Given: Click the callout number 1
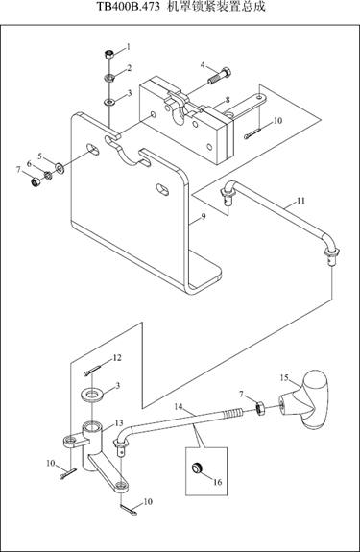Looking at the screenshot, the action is pos(129,47).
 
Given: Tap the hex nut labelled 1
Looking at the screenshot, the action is pos(109,55).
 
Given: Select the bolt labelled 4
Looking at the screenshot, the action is pos(220,76).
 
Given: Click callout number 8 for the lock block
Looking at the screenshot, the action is pos(228,100).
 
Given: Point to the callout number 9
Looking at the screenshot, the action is pos(204,217).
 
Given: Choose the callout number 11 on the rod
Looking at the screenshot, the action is pos(300,201).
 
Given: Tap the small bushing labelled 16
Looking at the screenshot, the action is pos(197,468).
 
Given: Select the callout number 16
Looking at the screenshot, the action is pos(218,482).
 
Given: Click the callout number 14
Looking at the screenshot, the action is pos(179,407).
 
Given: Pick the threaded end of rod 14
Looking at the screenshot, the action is pos(232,412).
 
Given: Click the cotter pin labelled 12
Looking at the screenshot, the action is pos(92,371).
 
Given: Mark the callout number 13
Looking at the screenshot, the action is pos(119,422).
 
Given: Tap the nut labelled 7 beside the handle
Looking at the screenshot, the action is pos(260,409).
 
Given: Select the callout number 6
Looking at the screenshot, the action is pos(29,164).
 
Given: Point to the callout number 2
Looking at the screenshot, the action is pos(130,68).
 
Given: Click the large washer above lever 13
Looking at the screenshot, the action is pos(92,394).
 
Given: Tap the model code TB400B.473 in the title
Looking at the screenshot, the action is pos(128,7).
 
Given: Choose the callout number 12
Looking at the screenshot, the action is pos(117,358).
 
